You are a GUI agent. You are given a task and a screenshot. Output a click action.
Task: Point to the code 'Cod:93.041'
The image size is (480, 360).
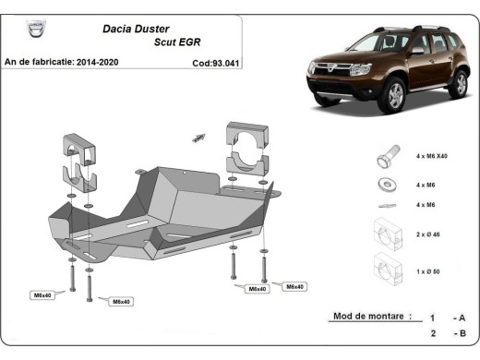[214, 64]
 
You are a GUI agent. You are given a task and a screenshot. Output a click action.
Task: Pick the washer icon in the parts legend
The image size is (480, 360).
[383, 183]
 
